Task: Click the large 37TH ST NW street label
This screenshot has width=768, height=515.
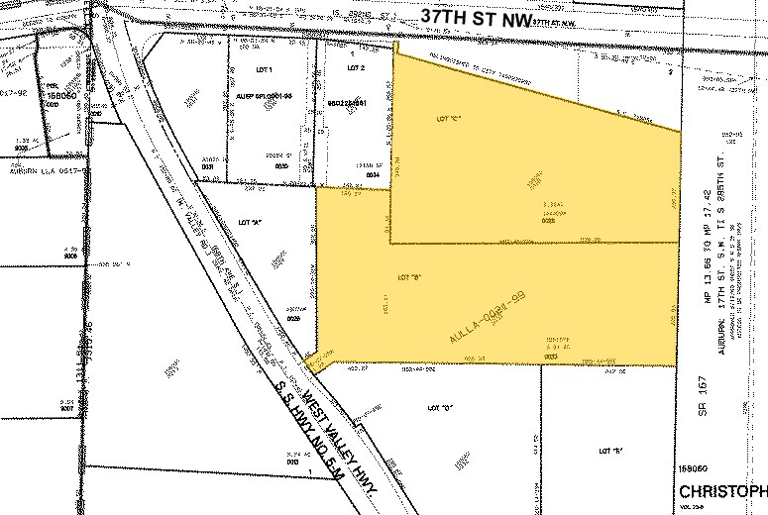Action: click(x=472, y=16)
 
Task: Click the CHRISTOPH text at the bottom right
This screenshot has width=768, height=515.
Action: click(x=722, y=492)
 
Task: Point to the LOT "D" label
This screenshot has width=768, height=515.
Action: click(x=442, y=407)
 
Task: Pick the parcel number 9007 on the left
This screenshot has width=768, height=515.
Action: click(x=68, y=406)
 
